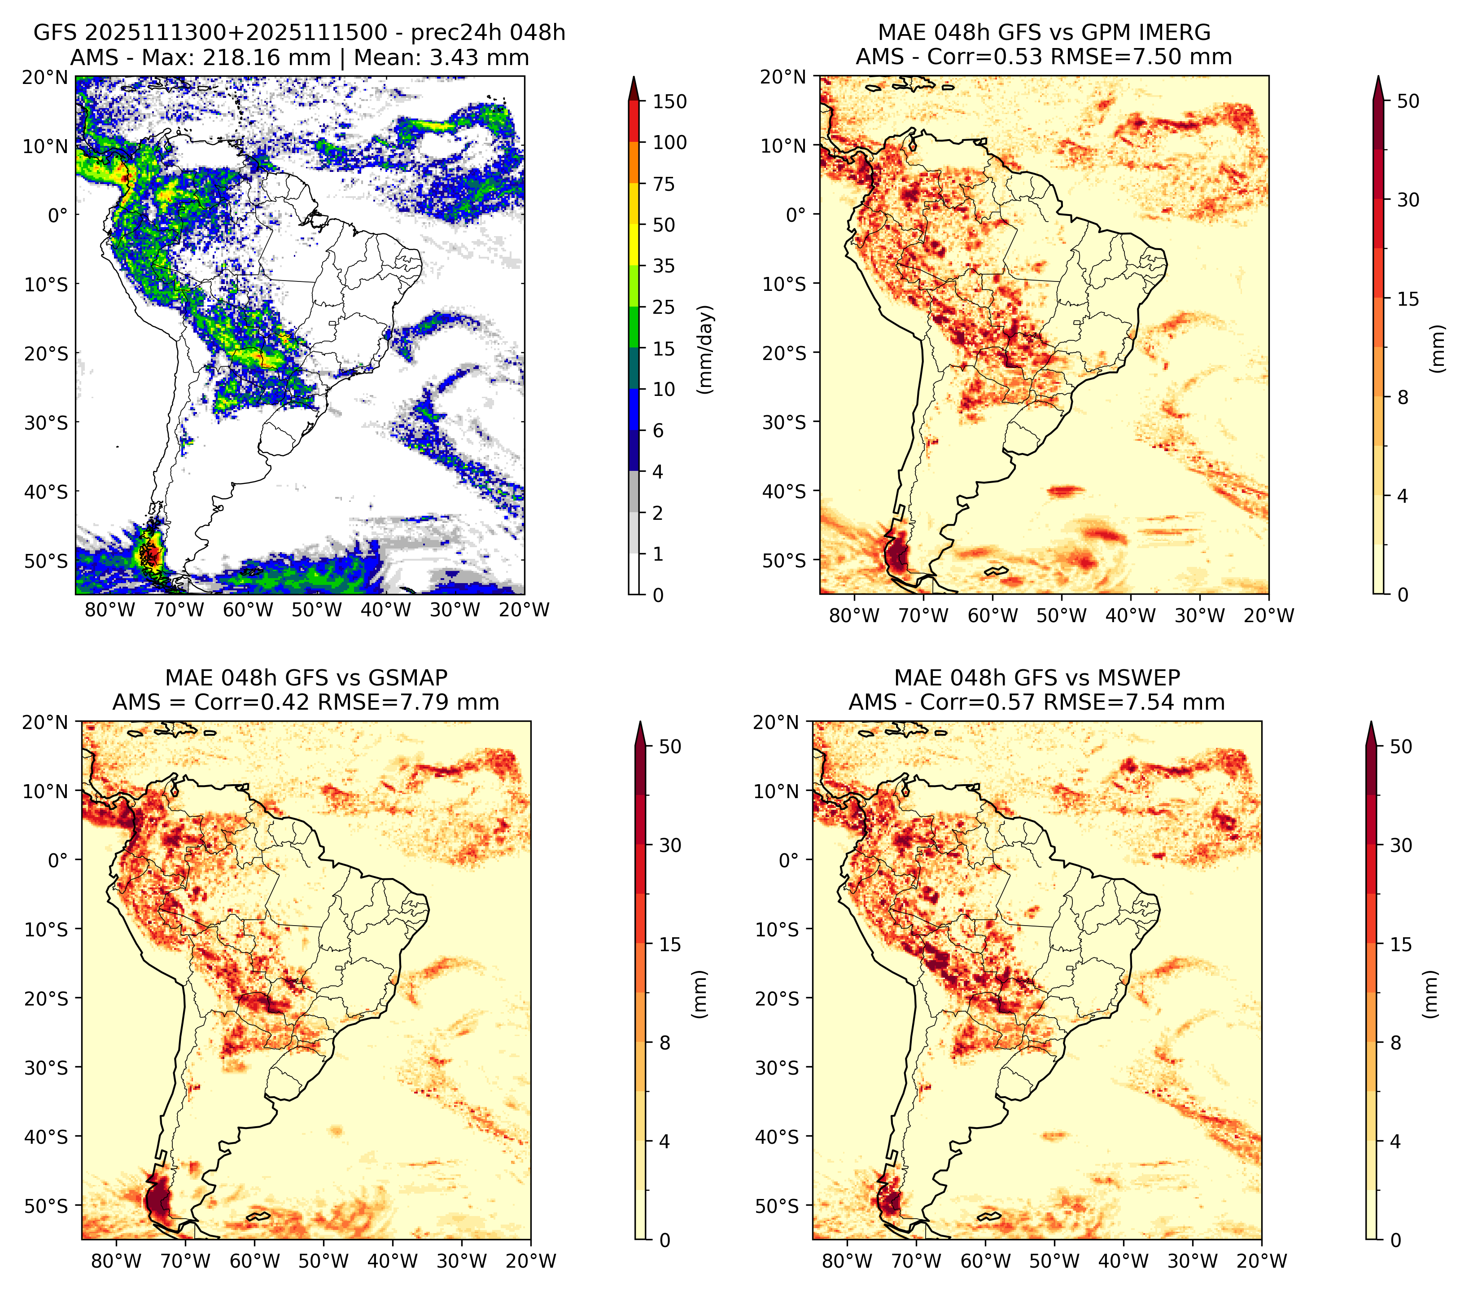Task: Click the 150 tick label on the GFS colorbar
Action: (670, 101)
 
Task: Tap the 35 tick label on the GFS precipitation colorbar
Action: (664, 266)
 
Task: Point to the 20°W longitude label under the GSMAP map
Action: (531, 1261)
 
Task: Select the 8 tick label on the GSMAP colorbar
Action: (664, 1042)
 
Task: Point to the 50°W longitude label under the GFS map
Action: (317, 610)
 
